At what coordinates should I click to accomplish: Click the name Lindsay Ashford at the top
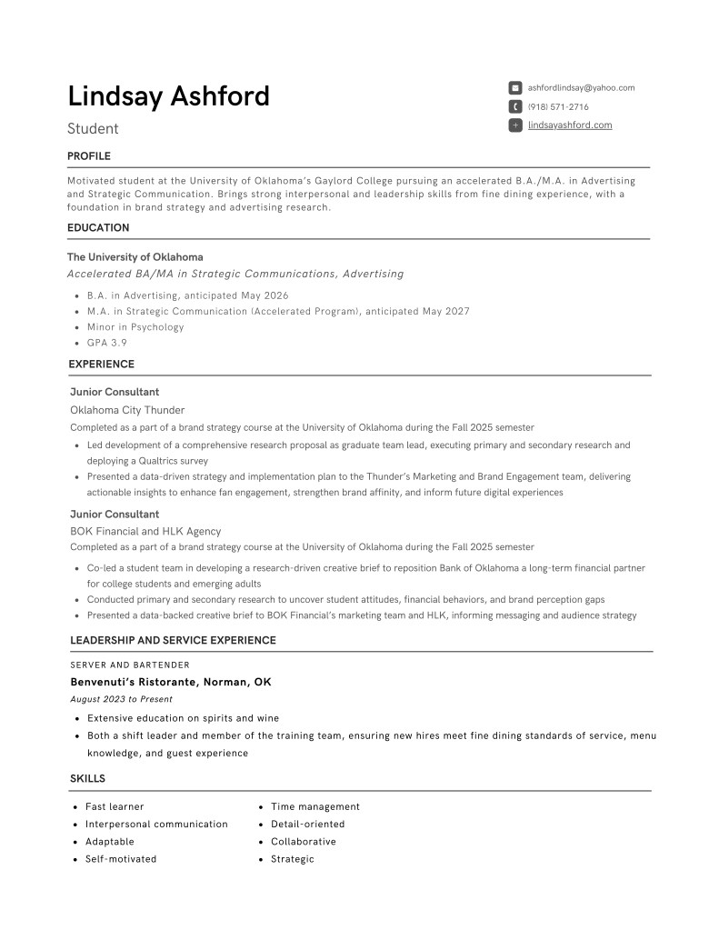[168, 96]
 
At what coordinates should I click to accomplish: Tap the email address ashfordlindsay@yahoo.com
[581, 88]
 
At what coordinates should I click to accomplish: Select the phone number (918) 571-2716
[558, 107]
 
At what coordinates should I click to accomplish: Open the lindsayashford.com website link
[570, 125]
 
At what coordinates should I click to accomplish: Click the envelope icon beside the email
[515, 88]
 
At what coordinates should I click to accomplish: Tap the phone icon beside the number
[515, 107]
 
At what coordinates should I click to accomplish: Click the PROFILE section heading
[89, 156]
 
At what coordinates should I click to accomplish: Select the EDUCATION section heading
[98, 228]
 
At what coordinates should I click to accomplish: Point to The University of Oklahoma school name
[135, 257]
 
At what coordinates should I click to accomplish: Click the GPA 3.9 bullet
[107, 344]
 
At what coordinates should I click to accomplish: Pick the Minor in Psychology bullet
[135, 327]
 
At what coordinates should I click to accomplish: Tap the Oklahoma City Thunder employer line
[127, 410]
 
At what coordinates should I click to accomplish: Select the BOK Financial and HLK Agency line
[145, 531]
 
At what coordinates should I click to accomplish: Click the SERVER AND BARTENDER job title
[130, 665]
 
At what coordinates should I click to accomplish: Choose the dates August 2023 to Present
[121, 699]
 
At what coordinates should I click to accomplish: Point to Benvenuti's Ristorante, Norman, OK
[171, 682]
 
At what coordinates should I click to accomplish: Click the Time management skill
[315, 807]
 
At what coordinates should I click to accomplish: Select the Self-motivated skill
[121, 859]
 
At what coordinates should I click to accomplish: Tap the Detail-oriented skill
[308, 825]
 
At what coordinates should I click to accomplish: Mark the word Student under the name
[93, 129]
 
